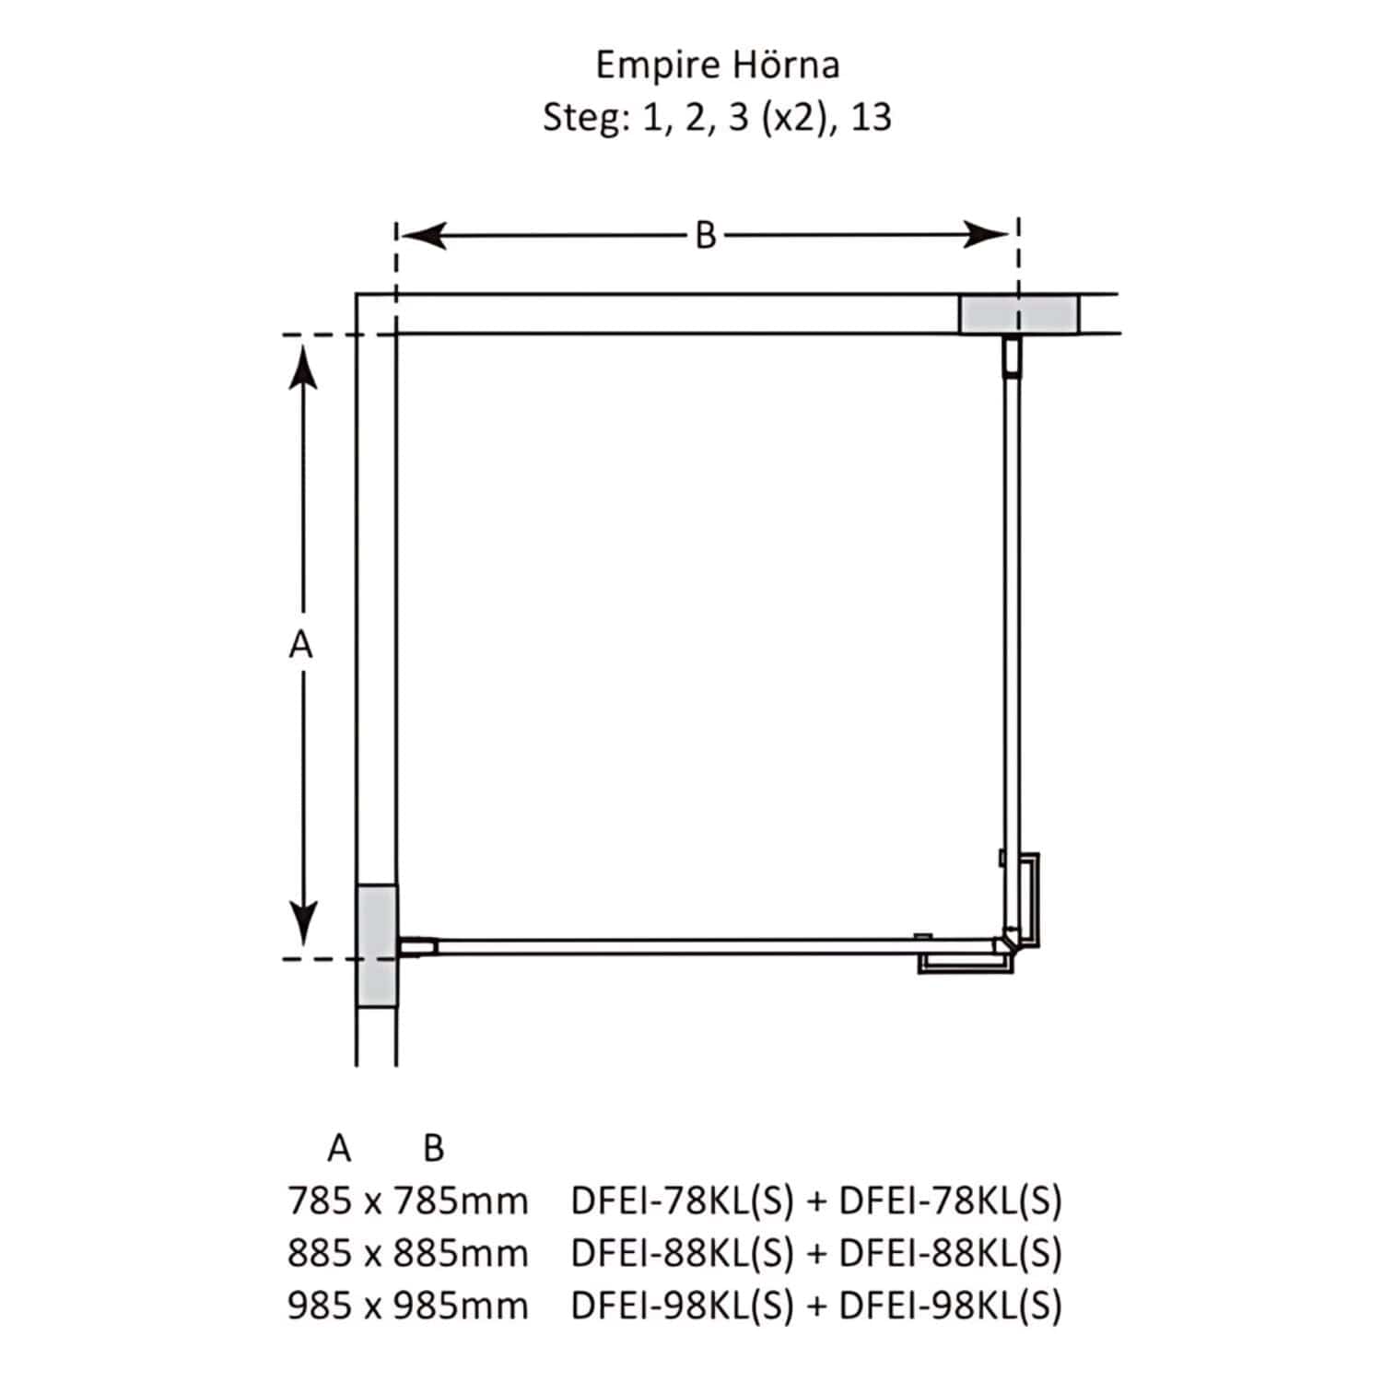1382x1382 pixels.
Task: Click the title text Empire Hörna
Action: coord(718,66)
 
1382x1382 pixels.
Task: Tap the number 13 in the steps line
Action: coord(871,118)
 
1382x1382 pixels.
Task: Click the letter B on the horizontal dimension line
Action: coord(706,236)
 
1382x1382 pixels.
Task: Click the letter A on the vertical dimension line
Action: coord(300,646)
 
